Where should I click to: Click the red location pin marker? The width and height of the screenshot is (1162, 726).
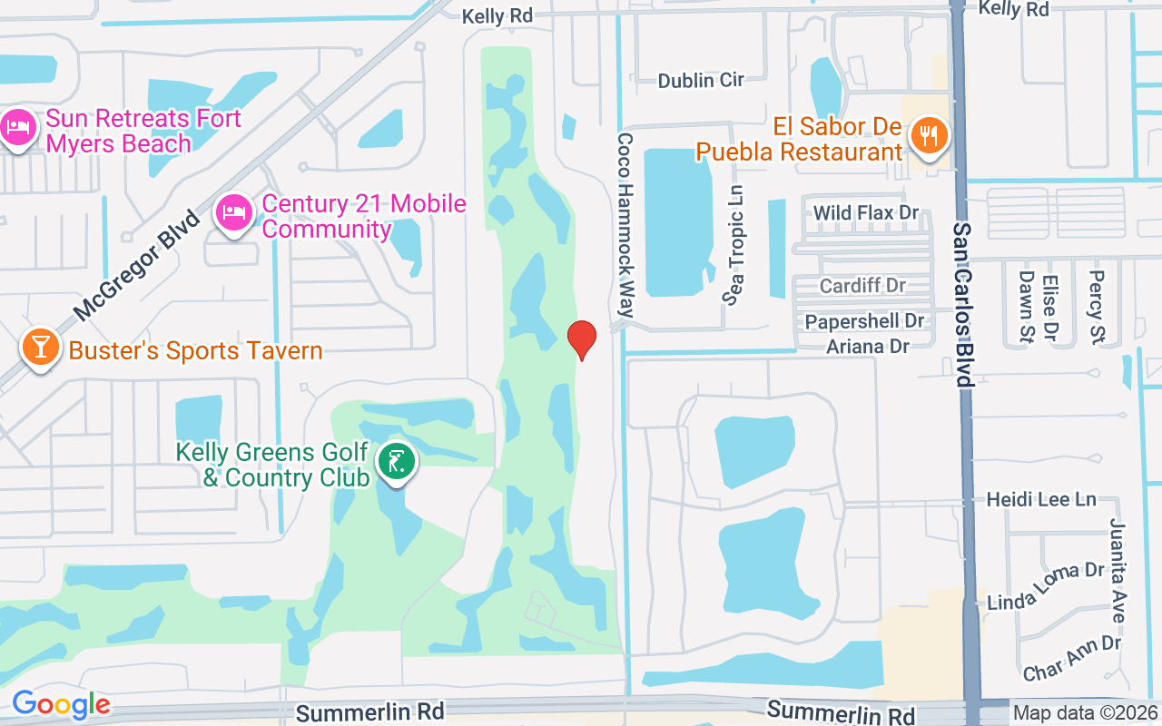582,339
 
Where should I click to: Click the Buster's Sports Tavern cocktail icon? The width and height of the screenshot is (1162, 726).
40,348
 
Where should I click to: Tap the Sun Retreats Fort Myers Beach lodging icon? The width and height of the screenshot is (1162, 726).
18,128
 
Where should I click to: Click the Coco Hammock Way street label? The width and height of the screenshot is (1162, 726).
625,225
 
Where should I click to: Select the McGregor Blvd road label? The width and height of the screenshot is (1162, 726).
136,265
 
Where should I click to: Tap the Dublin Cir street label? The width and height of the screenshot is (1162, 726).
701,80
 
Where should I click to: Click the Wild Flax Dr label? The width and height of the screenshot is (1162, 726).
866,213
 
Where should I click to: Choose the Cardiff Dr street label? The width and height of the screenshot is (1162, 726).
862,286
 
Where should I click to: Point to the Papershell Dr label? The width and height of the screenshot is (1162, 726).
864,321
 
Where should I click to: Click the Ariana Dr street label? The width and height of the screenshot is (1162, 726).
868,346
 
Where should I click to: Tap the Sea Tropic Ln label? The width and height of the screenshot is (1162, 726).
734,245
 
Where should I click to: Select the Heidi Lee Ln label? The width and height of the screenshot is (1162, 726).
1041,499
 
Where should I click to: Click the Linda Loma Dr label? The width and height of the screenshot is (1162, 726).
1045,586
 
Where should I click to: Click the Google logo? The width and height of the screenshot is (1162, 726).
61,704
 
